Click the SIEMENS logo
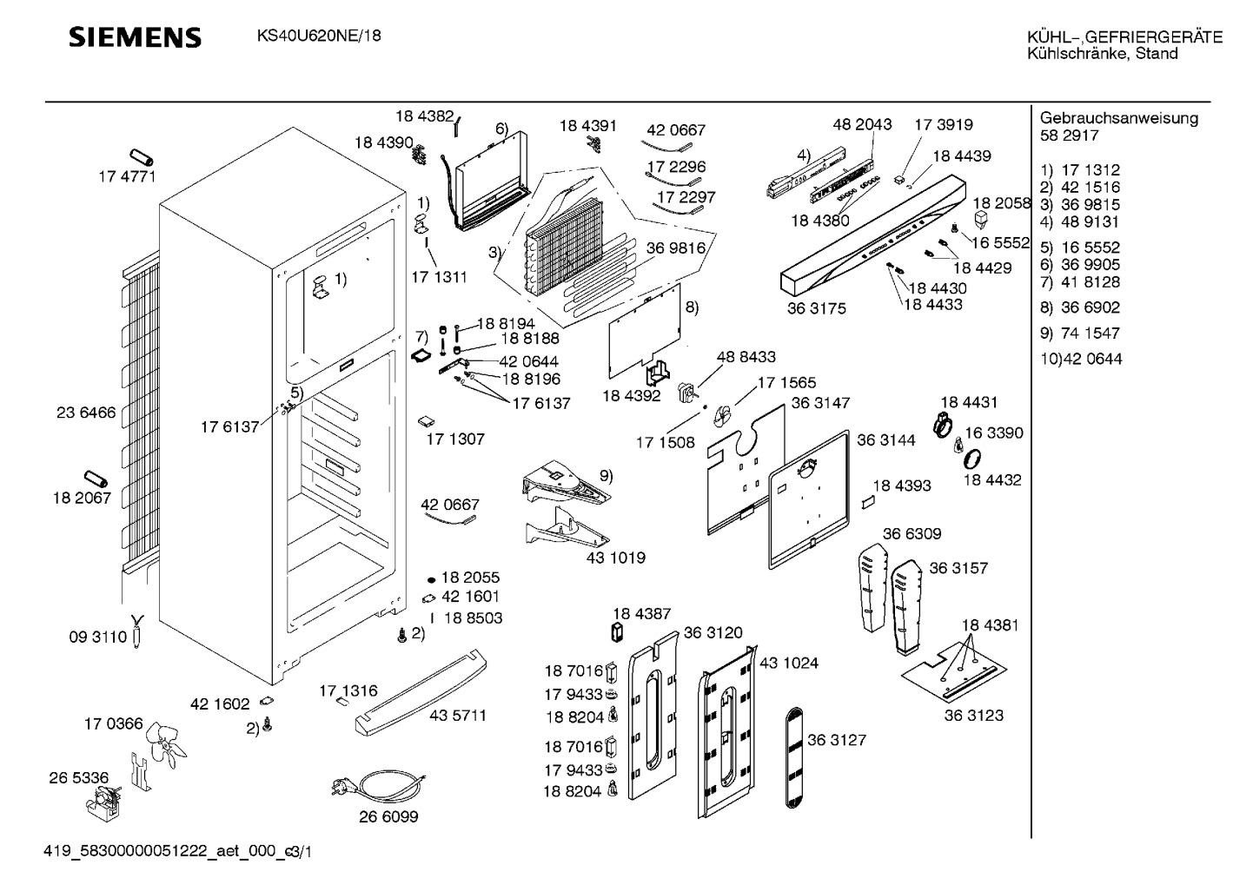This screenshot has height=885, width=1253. [135, 37]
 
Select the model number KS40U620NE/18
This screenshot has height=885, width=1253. [318, 36]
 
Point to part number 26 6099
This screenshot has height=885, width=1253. [388, 817]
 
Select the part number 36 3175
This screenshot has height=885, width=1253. [816, 308]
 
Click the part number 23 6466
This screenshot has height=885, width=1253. [86, 413]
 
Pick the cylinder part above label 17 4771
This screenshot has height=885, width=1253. [142, 157]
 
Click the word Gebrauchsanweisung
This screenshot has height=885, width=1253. [1118, 118]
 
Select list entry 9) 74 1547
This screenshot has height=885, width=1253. [1079, 334]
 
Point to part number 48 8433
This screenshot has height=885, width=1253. [746, 357]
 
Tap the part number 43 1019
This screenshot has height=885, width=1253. [616, 558]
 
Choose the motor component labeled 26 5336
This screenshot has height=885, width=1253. [105, 800]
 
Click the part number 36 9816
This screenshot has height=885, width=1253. [675, 248]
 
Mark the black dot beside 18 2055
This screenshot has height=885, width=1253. [431, 578]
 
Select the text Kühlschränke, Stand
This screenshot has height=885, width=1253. [1102, 54]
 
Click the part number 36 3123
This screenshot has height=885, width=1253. [973, 716]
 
